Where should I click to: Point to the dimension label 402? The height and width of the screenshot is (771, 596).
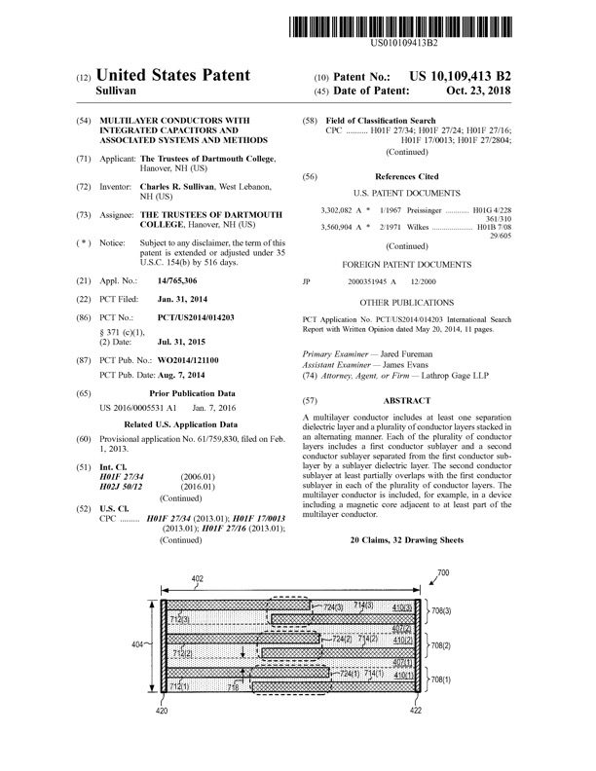tap(197, 579)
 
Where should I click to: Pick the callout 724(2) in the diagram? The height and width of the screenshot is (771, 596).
tap(342, 639)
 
